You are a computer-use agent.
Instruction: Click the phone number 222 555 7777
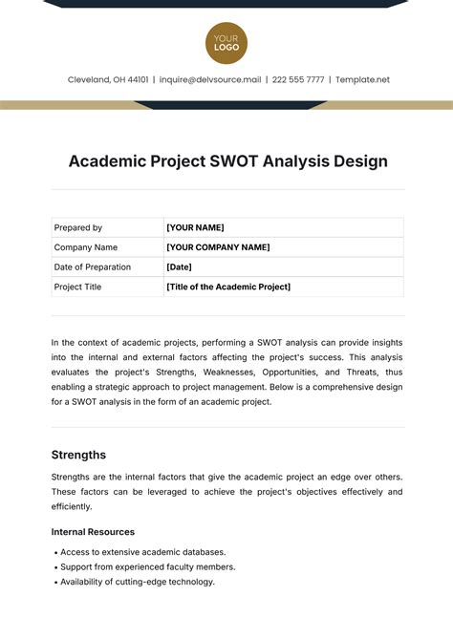pyautogui.click(x=297, y=80)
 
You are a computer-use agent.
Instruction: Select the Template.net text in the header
pyautogui.click(x=363, y=80)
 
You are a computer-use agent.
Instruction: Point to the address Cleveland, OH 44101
pyautogui.click(x=108, y=80)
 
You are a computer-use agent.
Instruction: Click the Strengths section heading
pyautogui.click(x=78, y=455)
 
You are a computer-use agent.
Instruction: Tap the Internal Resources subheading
pyautogui.click(x=93, y=532)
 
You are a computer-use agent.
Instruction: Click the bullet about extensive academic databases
pyautogui.click(x=143, y=552)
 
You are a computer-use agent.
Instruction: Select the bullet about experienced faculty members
pyautogui.click(x=147, y=566)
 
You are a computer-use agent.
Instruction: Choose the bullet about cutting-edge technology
pyautogui.click(x=138, y=582)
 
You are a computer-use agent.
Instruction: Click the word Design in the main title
pyautogui.click(x=360, y=161)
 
